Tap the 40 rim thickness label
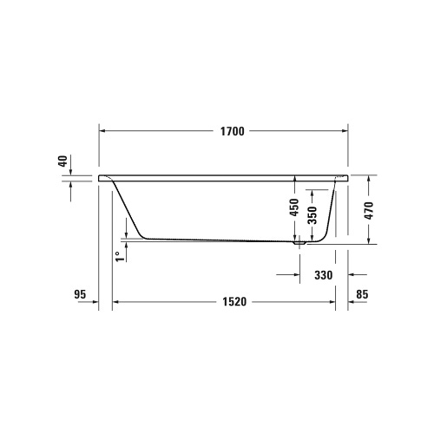point(62,161)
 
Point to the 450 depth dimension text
point(294,208)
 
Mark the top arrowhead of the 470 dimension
point(370,177)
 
